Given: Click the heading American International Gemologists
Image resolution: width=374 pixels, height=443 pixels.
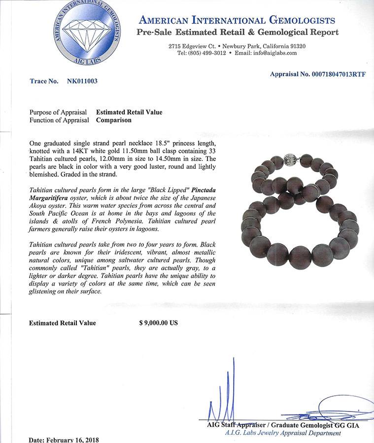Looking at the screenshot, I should (x=237, y=20).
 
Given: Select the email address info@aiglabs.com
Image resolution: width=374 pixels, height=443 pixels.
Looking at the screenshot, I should (x=273, y=53).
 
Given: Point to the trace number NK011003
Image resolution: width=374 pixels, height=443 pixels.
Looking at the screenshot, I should (x=82, y=81).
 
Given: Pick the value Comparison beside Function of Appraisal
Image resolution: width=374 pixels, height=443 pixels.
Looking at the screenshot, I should (x=114, y=120).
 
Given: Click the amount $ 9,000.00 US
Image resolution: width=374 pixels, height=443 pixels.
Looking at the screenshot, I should (x=158, y=323).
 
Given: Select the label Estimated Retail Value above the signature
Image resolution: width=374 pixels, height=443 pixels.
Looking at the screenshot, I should (x=63, y=323).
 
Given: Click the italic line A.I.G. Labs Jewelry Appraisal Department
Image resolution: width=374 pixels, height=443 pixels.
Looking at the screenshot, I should (x=282, y=433).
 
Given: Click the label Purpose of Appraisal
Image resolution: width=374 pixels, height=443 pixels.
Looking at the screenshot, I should (x=58, y=112).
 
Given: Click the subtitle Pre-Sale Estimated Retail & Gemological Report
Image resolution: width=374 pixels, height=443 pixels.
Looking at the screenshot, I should (x=237, y=32).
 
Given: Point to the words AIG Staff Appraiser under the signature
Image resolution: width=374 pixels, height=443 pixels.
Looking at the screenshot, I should (x=235, y=424).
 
